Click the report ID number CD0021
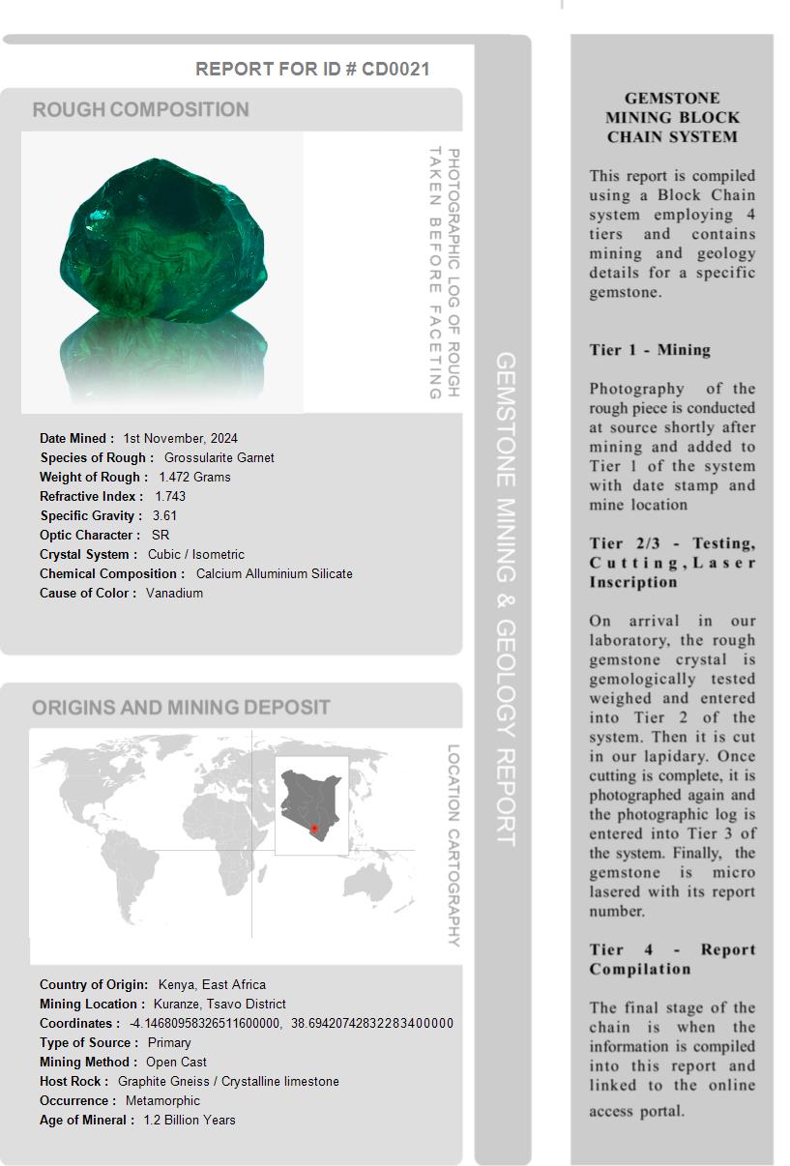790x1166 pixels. [395, 69]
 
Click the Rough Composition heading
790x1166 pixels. [141, 109]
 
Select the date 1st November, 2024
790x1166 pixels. [180, 438]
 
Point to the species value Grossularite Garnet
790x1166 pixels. [219, 457]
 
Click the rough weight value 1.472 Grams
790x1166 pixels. [194, 477]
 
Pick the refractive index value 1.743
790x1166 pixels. [170, 496]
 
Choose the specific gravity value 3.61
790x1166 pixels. [164, 515]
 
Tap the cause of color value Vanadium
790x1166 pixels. [174, 593]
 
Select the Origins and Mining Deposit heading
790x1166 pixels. [181, 708]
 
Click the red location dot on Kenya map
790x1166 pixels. [314, 829]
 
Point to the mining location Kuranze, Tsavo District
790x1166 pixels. [219, 1004]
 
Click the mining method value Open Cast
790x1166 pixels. [176, 1062]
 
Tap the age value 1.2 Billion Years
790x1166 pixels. [190, 1120]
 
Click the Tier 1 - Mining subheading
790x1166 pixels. [650, 350]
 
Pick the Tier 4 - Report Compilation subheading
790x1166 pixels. [672, 959]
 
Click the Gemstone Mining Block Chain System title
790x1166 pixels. [672, 117]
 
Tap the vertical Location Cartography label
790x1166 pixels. [453, 845]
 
